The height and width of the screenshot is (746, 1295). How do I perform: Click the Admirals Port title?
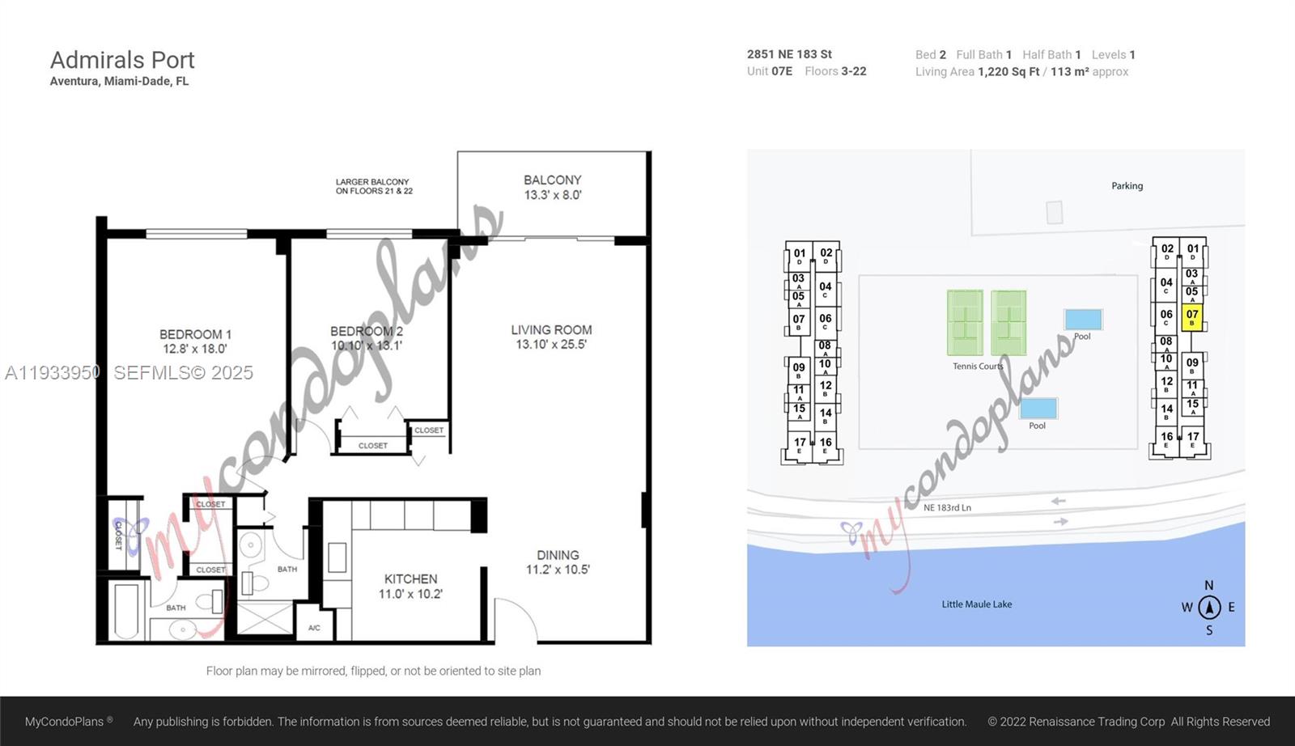(x=122, y=60)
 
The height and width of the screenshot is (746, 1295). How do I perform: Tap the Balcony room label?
(x=552, y=187)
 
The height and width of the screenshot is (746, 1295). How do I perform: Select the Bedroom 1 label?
(x=195, y=341)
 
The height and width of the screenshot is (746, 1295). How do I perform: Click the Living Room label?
(x=551, y=337)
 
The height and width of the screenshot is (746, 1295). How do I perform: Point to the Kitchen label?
(x=410, y=586)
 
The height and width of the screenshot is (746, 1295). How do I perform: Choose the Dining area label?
(x=558, y=562)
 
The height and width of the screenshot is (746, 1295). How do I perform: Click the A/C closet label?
(x=314, y=628)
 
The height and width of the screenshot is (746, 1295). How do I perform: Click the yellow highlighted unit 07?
(x=1191, y=317)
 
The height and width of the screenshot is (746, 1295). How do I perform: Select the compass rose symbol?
(x=1209, y=607)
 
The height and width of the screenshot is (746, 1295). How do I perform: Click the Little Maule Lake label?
(x=976, y=604)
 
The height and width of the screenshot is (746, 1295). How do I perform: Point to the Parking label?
(x=1127, y=186)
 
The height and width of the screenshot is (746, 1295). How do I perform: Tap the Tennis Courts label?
(x=978, y=367)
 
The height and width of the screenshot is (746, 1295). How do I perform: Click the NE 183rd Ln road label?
(x=947, y=507)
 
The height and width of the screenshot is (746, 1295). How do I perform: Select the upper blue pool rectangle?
(x=1083, y=319)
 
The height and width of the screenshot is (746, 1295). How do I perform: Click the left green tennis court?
(x=965, y=323)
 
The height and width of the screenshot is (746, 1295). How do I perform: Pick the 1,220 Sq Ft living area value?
(x=1008, y=72)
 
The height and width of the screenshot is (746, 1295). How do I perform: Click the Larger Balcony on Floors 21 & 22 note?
(x=374, y=186)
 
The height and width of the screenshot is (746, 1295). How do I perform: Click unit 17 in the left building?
(x=800, y=445)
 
